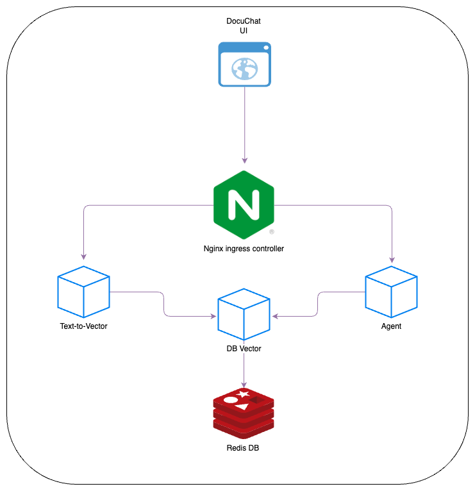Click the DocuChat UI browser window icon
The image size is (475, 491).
coord(244,64)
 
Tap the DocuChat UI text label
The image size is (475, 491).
coord(244,26)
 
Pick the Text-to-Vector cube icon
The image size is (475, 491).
coord(83,292)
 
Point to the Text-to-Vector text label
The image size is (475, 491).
coord(83,326)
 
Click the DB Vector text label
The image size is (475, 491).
coord(244,349)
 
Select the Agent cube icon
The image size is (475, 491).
coord(391,292)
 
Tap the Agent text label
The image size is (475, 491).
coord(391,326)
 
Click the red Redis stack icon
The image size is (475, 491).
coord(244,412)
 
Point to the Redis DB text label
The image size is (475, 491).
coord(244,448)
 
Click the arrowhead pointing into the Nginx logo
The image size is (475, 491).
coord(244,160)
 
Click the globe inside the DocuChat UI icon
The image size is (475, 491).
coord(244,69)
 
